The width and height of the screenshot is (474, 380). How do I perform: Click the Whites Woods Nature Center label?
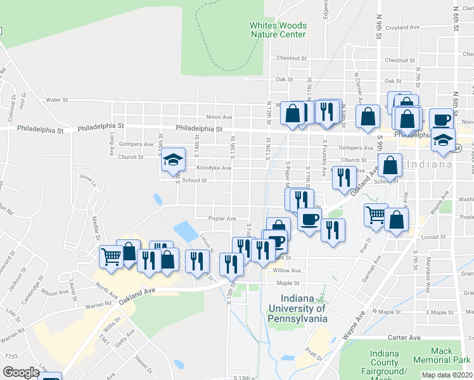(278, 30)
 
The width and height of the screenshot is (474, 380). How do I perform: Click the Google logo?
(20, 372)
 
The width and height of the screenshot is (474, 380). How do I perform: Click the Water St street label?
(56, 99)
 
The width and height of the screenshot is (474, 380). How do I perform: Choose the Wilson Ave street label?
(54, 293)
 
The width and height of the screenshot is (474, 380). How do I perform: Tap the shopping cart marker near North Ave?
(112, 257)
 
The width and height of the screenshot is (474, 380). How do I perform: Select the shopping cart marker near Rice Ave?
(375, 215)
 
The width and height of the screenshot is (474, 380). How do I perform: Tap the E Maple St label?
(437, 312)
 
